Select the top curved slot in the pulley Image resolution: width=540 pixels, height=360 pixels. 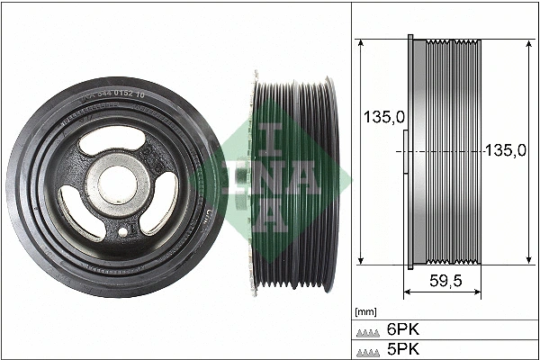point(110,142)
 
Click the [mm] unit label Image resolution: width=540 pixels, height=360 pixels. point(366,311)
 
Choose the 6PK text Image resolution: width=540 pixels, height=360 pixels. point(402,329)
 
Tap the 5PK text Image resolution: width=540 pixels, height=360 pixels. point(402,348)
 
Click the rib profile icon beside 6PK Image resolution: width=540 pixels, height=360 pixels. point(369,331)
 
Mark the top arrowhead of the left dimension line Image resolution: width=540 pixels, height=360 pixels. point(361,43)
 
